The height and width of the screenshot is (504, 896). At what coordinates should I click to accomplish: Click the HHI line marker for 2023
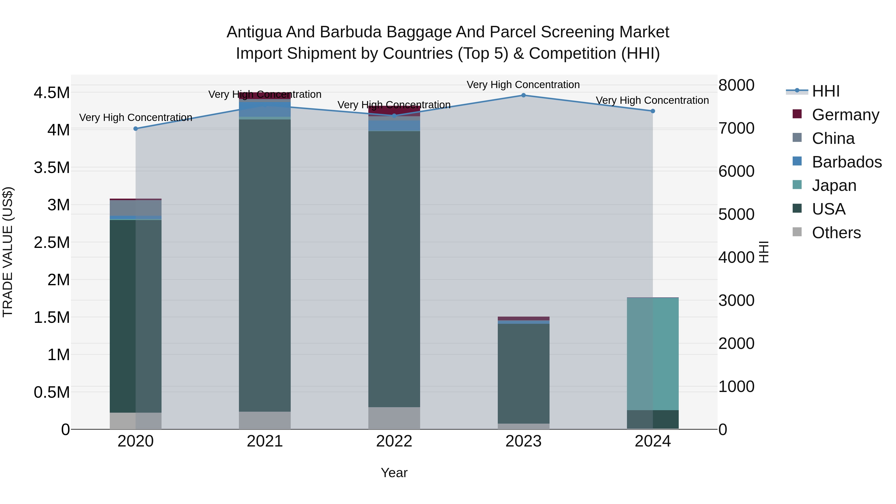[x=523, y=95]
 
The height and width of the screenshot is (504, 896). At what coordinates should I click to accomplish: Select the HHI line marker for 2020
[x=136, y=129]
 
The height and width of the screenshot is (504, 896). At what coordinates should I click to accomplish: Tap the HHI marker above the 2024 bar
[x=653, y=111]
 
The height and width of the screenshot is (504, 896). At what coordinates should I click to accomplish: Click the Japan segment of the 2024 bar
[x=653, y=354]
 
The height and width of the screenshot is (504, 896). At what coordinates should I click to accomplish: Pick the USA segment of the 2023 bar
[x=523, y=374]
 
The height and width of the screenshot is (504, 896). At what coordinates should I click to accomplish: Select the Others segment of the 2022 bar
[x=394, y=418]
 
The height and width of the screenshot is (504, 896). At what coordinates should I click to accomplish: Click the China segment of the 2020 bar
[x=136, y=208]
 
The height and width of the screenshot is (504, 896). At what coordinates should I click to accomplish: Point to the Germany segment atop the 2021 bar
[x=265, y=96]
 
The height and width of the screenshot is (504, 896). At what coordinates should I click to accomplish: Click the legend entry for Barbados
[x=847, y=162]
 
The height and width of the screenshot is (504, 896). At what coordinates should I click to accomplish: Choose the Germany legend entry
[x=845, y=115]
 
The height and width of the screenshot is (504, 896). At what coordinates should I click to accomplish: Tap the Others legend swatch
[x=797, y=232]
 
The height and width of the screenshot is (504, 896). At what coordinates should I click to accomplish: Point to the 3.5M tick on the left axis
[x=52, y=168]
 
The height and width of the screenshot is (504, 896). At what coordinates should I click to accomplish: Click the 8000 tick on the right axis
[x=736, y=85]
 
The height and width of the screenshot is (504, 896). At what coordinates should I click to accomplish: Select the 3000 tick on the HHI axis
[x=736, y=300]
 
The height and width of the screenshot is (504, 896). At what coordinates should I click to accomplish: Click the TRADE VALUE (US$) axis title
[x=8, y=252]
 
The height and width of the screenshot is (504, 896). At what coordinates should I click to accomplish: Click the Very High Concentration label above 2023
[x=523, y=85]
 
